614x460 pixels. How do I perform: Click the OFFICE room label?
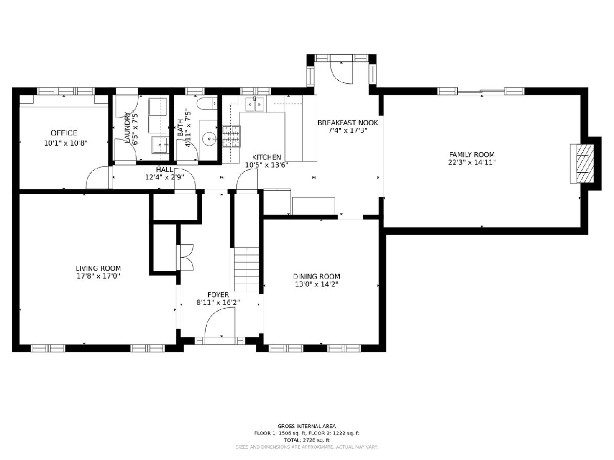[64, 133]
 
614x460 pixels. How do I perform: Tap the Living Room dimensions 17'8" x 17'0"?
[98, 276]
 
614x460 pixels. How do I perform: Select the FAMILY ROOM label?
[472, 154]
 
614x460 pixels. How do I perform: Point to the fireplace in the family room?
[582, 164]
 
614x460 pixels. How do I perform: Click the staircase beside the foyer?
[246, 269]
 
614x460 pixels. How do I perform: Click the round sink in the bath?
[209, 139]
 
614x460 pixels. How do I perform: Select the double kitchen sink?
[254, 104]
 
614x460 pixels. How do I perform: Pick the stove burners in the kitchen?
[231, 136]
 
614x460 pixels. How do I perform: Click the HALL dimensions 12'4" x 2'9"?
[164, 177]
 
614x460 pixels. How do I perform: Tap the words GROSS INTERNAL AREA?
[306, 426]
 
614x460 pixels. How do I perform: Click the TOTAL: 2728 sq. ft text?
[306, 440]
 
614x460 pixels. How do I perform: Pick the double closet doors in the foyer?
[185, 257]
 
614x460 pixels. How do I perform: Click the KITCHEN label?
[267, 157]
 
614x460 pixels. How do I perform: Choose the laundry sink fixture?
[160, 145]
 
